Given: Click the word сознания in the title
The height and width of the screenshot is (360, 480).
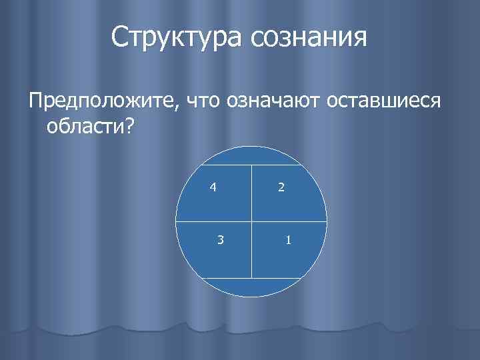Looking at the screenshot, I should [x=309, y=39].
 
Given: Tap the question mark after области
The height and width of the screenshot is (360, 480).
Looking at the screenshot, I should [x=127, y=125].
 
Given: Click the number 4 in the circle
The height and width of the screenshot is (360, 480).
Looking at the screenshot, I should [x=212, y=187].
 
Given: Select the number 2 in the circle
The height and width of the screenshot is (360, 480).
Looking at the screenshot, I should [x=281, y=188].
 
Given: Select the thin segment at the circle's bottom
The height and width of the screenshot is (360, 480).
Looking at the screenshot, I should [x=251, y=287].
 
